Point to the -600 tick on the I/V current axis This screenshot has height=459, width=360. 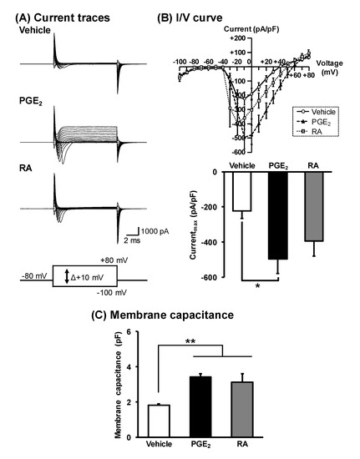click(239, 152)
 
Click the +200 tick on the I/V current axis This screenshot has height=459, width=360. click(239, 38)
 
